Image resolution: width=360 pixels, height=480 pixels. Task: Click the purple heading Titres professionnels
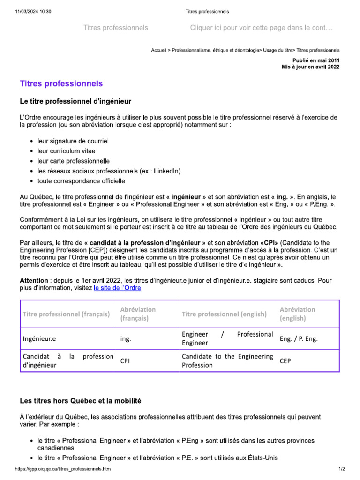[x=61, y=84]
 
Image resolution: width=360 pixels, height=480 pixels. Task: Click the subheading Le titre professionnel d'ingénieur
[x=75, y=101]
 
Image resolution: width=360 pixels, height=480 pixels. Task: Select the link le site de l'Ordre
[x=117, y=288]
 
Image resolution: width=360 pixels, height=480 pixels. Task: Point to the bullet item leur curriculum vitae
[x=66, y=151]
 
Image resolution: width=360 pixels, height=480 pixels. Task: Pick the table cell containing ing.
[x=126, y=338]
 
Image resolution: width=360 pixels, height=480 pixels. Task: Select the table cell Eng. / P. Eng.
[x=298, y=338]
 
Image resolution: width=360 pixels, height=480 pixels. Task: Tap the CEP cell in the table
[x=285, y=361]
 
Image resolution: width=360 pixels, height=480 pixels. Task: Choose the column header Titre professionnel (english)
[x=224, y=314]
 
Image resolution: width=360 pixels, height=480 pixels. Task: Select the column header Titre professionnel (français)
[x=67, y=314]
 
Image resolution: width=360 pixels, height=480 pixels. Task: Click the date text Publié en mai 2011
[x=316, y=60]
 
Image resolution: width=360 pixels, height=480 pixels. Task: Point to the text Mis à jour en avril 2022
[x=310, y=67]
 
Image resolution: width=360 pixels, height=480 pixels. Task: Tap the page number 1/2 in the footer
[x=342, y=469]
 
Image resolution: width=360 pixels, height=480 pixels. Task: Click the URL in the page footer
[x=63, y=469]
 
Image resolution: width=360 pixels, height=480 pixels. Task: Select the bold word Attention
[x=34, y=280]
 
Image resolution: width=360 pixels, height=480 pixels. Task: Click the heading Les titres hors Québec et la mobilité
[x=80, y=401]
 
